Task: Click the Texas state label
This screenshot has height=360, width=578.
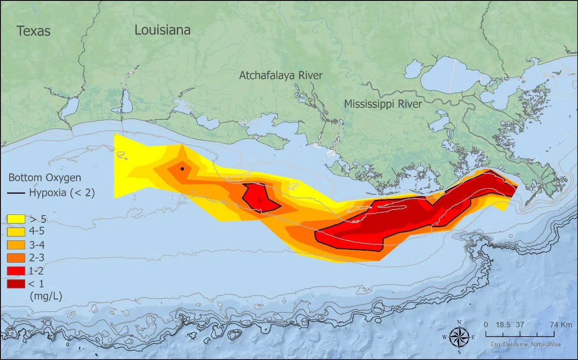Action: point(33,31)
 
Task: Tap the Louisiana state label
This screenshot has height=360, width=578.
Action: point(162,30)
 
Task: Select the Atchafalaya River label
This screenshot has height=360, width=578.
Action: point(281,76)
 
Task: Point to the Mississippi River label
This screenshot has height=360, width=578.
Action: point(383,104)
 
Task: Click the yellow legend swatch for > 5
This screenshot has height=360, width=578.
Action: point(15,219)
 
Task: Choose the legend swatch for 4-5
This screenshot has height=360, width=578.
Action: point(15,231)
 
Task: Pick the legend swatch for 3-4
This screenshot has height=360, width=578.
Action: point(15,244)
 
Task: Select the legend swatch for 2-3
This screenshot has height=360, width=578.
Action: point(15,258)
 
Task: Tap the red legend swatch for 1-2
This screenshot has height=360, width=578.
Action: point(15,270)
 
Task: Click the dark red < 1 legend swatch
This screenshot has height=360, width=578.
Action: point(15,283)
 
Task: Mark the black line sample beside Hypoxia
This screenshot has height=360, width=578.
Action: point(16,193)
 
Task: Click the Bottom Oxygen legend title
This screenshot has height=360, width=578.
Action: point(45,178)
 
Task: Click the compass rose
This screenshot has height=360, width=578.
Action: point(459,337)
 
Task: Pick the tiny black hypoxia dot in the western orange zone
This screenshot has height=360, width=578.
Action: point(182,169)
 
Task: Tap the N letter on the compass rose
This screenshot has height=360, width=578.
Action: point(459,322)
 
